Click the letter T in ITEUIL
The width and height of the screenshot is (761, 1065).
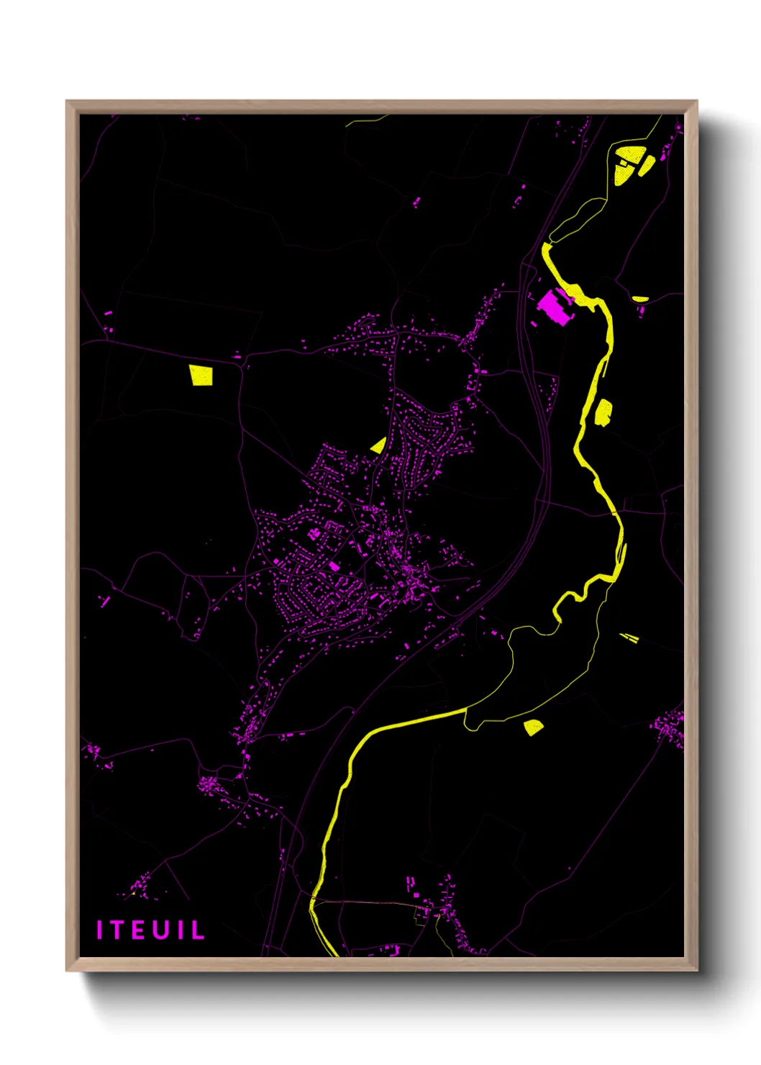point(120,930)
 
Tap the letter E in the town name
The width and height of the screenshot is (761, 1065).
point(140,930)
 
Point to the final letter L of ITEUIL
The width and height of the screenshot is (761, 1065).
point(197,930)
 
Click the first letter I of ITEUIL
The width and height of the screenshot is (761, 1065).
point(101,930)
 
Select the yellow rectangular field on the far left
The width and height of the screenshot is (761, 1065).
point(201,375)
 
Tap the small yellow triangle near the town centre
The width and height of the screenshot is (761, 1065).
point(379,445)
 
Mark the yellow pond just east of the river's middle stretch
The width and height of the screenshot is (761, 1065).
point(603,412)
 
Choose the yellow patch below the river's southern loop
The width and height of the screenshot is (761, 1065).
point(533,727)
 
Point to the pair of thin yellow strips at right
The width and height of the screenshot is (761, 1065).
point(629,637)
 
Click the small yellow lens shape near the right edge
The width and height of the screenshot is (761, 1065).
point(639,298)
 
